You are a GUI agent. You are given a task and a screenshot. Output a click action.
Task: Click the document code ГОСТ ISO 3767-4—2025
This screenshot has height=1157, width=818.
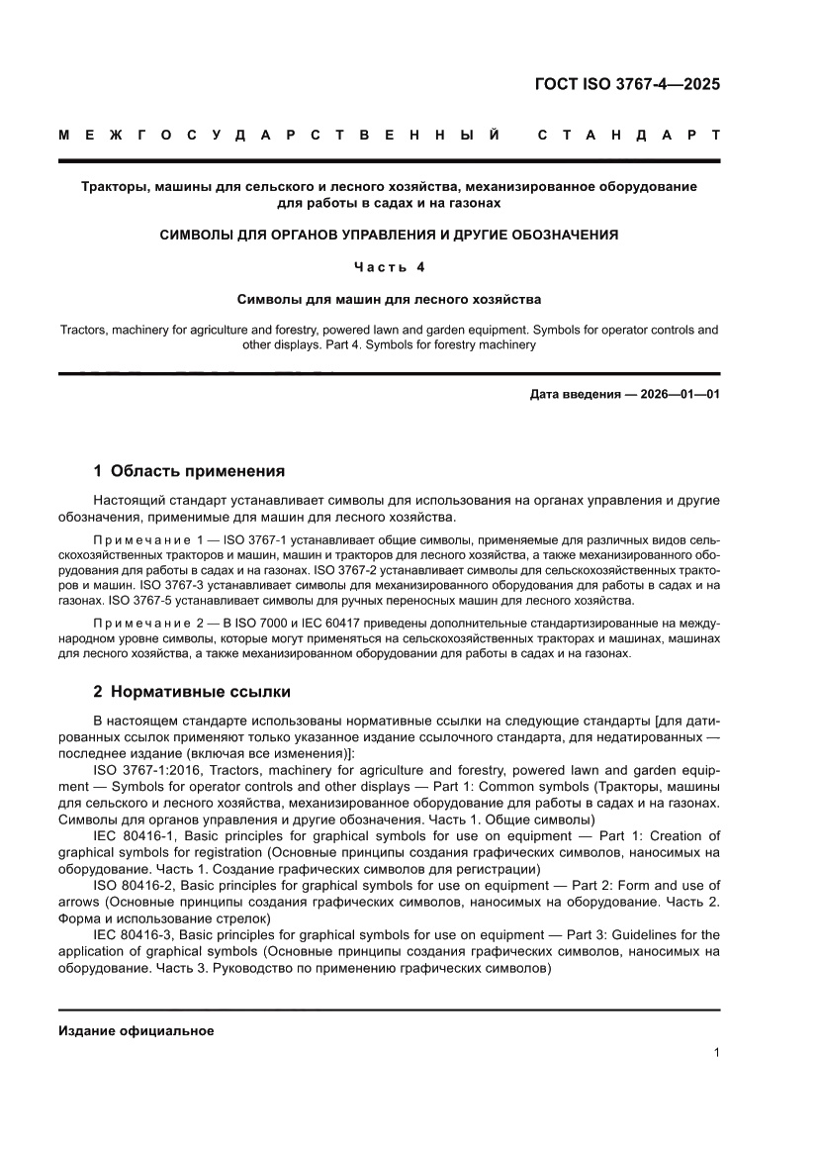(x=627, y=84)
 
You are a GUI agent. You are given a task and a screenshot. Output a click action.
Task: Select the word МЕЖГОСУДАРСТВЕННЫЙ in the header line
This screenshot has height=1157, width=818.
(x=278, y=134)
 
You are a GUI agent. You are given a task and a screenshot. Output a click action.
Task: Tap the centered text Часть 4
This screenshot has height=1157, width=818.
(x=389, y=266)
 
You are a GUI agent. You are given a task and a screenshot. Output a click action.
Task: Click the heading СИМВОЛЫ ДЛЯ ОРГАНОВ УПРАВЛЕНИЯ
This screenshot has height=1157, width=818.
(x=389, y=235)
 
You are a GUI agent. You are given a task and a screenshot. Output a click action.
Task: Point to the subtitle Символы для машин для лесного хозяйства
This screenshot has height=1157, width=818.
(x=389, y=298)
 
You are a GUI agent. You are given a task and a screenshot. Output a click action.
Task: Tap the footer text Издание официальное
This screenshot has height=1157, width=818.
(x=136, y=1030)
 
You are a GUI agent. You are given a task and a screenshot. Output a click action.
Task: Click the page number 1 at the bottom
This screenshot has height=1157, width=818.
(x=715, y=1053)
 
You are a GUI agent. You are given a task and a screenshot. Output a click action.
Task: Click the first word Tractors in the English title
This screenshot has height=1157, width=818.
(x=84, y=329)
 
